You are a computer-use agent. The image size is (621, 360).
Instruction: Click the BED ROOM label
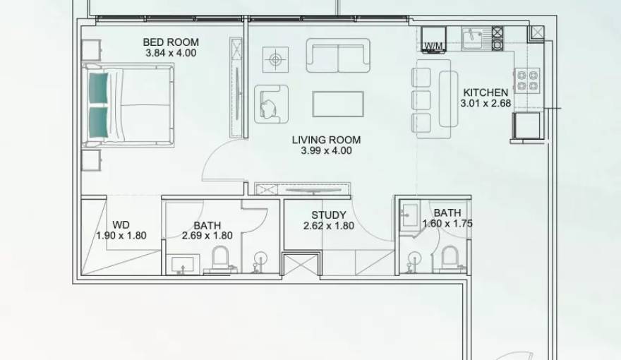[x=171, y=42]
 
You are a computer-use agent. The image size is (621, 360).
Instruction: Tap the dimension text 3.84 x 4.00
[x=171, y=53]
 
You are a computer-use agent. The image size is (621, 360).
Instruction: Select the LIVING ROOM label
[x=326, y=140]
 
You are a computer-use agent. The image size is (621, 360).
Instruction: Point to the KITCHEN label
[x=485, y=92]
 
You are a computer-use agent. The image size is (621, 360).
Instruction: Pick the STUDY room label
[x=329, y=215]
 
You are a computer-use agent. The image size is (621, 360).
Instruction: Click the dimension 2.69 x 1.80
[x=207, y=236]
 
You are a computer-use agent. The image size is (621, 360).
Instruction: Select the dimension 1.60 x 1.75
[x=447, y=224]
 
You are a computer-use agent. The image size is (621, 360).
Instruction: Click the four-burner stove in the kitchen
[x=526, y=80]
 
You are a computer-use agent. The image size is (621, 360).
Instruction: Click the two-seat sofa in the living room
[x=338, y=56]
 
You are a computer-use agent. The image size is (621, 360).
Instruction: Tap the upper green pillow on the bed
[x=99, y=88]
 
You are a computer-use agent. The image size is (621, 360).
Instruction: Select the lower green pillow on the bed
[x=99, y=121]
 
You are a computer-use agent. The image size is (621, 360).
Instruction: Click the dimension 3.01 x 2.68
[x=485, y=103]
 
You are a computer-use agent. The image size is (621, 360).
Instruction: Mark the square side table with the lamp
[x=274, y=59]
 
